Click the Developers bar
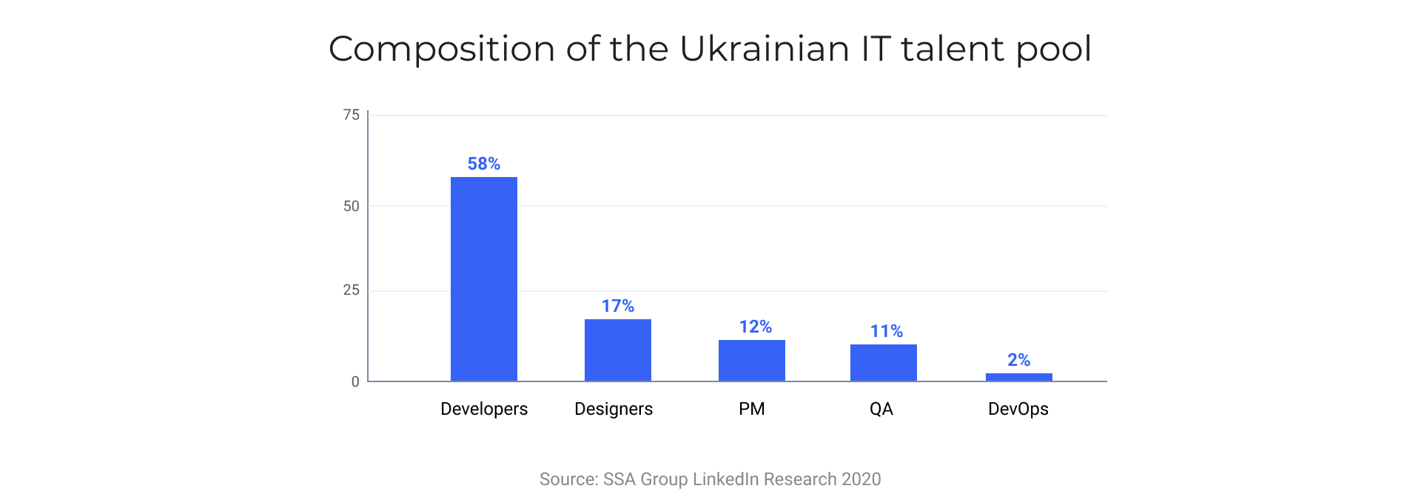[483, 279]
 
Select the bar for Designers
[617, 350]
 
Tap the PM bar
[751, 361]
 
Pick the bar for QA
[883, 363]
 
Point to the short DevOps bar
[1018, 377]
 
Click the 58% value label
[483, 164]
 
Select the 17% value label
[617, 306]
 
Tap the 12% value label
[755, 327]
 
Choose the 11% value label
[886, 331]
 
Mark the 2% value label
[1018, 360]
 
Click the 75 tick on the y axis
[351, 115]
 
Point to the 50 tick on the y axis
[351, 206]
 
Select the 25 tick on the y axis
[351, 290]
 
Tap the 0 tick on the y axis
[355, 381]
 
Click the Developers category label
[484, 409]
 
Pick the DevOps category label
[1018, 409]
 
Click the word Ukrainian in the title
[764, 49]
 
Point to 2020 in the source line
[861, 479]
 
